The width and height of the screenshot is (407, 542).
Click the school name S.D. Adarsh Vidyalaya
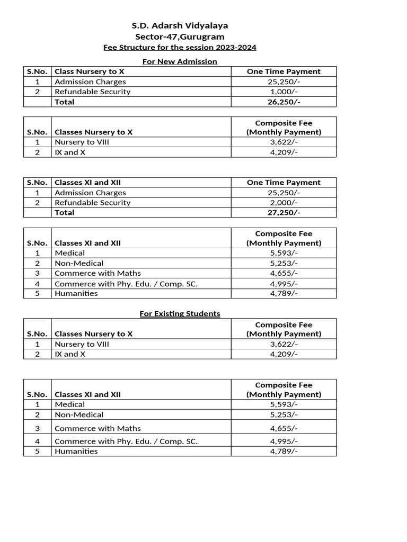click(x=180, y=25)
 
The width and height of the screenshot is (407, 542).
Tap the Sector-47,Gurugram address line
click(x=180, y=37)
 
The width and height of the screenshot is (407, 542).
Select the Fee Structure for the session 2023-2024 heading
click(x=180, y=48)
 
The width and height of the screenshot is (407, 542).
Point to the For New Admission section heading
click(x=180, y=61)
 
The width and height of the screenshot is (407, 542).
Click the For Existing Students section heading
click(x=180, y=313)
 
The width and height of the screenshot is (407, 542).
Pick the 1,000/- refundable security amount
click(x=284, y=92)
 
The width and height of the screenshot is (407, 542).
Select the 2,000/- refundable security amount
click(x=284, y=203)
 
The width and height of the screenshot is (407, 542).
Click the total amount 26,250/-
click(x=284, y=102)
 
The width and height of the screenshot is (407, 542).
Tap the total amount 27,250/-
click(x=284, y=213)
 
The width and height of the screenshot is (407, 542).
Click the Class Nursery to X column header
click(x=90, y=71)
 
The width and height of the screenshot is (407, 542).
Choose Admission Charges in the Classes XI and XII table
click(x=90, y=193)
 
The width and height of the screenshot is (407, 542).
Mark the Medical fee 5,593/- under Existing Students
click(x=284, y=404)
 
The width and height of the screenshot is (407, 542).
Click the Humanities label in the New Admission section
click(x=76, y=293)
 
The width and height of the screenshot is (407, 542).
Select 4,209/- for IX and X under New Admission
click(x=284, y=152)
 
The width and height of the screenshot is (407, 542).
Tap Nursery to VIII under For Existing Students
click(x=82, y=344)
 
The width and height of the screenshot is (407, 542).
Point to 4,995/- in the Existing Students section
click(x=284, y=441)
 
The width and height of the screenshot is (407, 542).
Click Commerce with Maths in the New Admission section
click(x=98, y=273)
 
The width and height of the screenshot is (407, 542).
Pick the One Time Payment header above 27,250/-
click(x=284, y=183)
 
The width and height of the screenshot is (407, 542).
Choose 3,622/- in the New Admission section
click(x=284, y=142)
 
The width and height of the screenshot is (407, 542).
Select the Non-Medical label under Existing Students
click(x=79, y=414)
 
